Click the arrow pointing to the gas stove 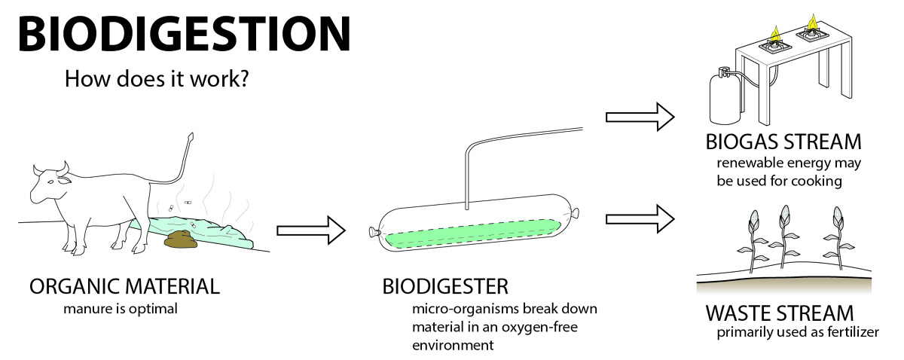point(640,117)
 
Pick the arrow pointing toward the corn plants point(640,218)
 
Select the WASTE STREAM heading point(779,313)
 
